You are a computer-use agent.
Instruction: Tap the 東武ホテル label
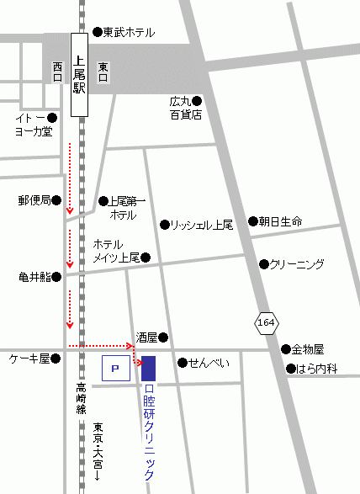point(129,32)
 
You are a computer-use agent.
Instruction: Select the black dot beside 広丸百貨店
point(197,100)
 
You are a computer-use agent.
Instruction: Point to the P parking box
point(116,368)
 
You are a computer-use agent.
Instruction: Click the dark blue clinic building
point(149,368)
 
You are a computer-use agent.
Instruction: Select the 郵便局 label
point(34,201)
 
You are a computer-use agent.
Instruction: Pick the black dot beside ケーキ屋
point(56,359)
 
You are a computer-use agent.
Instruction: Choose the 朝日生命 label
point(281,221)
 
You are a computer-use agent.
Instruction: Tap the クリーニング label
point(296,264)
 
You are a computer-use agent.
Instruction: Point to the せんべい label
point(209,363)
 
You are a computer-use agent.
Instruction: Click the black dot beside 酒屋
point(164,338)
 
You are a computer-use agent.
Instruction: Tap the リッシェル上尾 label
point(201,225)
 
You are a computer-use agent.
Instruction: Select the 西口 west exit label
point(57,72)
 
